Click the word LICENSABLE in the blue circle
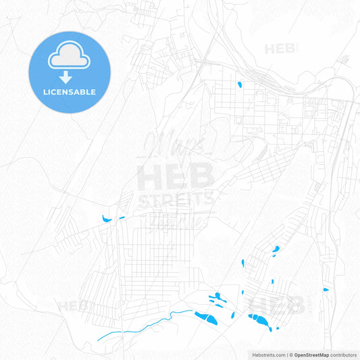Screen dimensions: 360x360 pos(69,92)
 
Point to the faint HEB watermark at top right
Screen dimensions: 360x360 pos(281,49)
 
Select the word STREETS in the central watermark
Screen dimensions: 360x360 pos(176,199)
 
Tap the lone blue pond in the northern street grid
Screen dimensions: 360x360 pos(239,86)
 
